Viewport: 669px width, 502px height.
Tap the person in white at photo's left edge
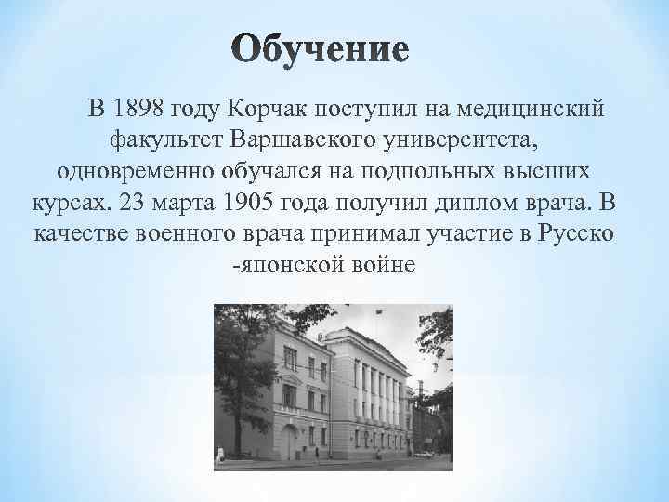221,456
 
